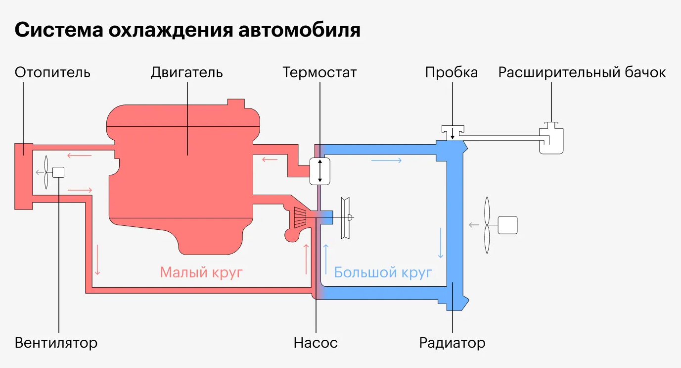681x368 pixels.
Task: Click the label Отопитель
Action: click(52, 73)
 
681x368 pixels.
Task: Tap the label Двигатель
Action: click(186, 73)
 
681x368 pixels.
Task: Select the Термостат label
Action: click(319, 73)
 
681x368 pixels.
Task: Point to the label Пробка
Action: click(452, 73)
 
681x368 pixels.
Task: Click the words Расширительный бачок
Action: click(582, 73)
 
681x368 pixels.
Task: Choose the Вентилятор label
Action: click(56, 343)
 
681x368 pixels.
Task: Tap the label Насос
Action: click(316, 343)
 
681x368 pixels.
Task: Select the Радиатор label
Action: click(452, 343)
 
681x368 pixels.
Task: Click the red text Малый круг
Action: click(201, 272)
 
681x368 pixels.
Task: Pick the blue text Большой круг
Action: click(383, 272)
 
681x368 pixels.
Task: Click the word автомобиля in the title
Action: click(299, 30)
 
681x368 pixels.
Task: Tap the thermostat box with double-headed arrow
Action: click(320, 171)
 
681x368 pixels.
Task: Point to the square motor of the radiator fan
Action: click(508, 225)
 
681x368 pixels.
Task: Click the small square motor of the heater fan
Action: click(58, 172)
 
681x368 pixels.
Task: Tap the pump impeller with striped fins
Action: click(300, 217)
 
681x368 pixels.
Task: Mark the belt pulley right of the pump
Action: click(345, 217)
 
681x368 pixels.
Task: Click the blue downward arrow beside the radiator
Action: click(441, 243)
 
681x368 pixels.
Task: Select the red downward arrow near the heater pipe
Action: click(97, 260)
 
